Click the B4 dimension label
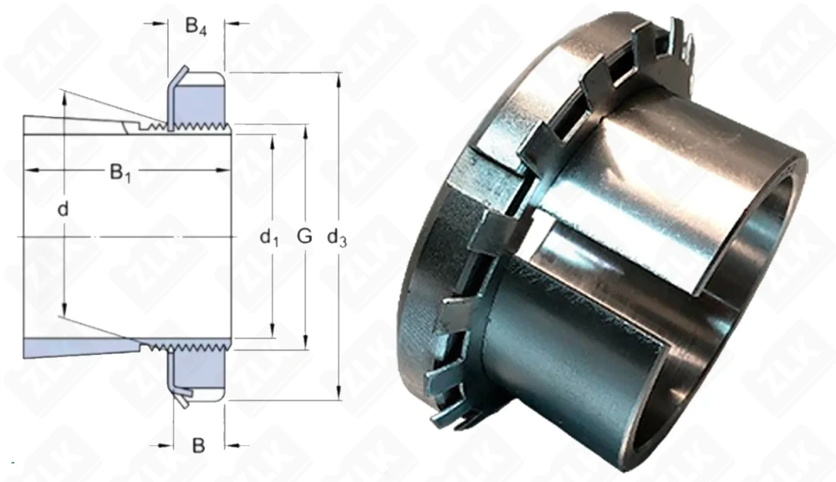(x=196, y=27)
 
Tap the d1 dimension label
(x=268, y=238)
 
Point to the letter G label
(x=304, y=237)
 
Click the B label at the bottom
(x=198, y=445)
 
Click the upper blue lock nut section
(x=198, y=100)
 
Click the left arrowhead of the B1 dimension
(x=29, y=170)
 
